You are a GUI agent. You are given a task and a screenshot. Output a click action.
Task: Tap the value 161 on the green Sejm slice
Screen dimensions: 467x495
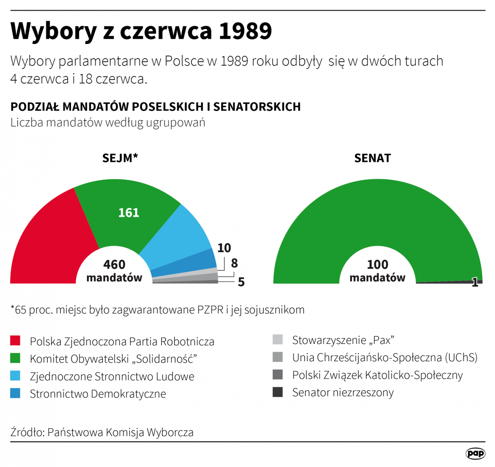coord(129,212)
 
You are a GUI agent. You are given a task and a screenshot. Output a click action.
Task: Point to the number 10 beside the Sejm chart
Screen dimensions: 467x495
coord(224,248)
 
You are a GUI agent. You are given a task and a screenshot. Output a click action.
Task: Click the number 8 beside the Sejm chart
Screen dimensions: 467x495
coord(234,264)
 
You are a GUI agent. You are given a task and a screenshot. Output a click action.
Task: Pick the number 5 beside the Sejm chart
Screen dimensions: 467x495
coord(241,282)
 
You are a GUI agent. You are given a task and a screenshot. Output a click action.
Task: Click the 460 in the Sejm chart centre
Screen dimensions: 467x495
coord(114,265)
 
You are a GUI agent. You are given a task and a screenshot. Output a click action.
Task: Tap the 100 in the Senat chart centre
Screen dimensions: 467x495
coord(378,265)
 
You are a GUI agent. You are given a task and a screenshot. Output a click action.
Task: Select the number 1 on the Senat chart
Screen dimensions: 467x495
coord(475,283)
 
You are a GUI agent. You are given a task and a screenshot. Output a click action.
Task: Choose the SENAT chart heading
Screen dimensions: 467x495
coord(372,158)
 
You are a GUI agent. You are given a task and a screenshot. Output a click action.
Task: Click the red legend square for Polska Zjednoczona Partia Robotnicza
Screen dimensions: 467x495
coord(15,341)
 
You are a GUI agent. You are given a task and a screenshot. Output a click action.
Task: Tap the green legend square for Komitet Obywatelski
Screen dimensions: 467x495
coord(15,359)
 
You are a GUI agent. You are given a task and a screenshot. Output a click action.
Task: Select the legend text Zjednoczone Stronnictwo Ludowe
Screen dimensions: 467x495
coord(112,376)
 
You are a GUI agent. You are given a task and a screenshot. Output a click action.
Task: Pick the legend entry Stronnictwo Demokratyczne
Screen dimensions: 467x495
coord(98,394)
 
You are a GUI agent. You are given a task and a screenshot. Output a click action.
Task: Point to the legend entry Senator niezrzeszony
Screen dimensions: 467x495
coord(343,392)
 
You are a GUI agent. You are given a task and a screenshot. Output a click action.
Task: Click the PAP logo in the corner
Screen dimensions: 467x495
coord(475,453)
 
